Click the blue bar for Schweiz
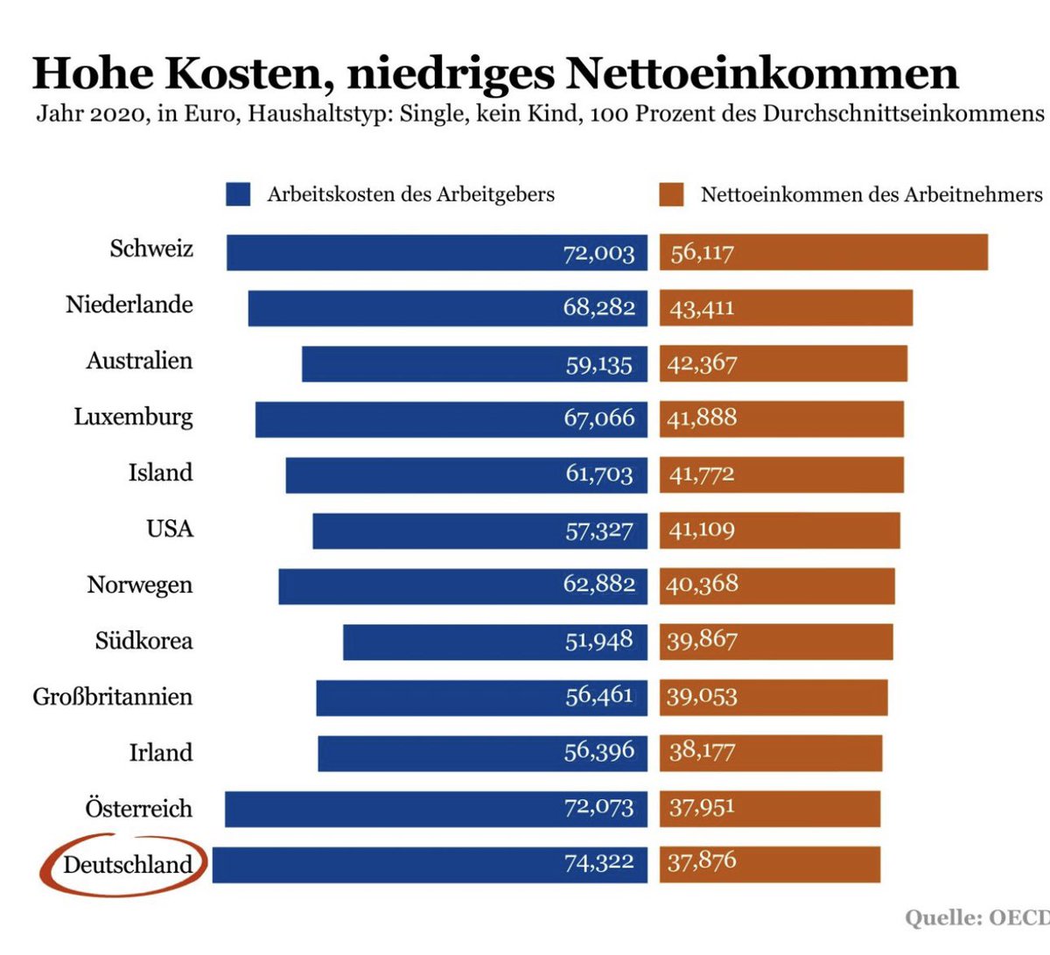[394, 252]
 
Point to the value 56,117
[702, 253]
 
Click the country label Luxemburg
[133, 417]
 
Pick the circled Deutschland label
[127, 865]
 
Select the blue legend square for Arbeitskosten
[238, 194]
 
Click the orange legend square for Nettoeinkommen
[671, 194]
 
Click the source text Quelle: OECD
[976, 917]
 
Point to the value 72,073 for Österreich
[599, 808]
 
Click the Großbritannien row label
[113, 697]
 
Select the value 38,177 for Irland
[702, 752]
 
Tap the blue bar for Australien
[429, 364]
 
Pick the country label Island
[160, 473]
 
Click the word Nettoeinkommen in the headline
[762, 74]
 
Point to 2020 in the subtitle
[117, 115]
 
